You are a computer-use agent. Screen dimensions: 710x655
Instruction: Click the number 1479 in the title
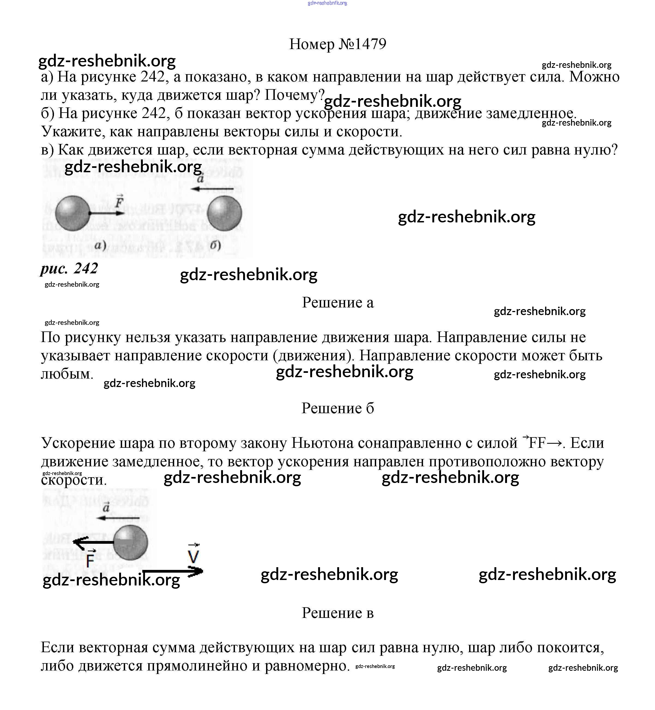tap(370, 44)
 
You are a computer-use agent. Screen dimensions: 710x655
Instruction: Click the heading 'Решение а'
tap(337, 302)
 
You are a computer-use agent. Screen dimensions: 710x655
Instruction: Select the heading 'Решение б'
tap(337, 408)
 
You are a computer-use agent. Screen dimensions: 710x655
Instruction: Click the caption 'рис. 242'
tap(69, 268)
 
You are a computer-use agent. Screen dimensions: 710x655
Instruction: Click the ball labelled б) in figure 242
tap(224, 213)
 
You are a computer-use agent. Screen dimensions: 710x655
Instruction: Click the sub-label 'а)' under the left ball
tap(100, 245)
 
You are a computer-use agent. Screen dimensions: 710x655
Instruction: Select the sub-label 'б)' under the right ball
tap(215, 245)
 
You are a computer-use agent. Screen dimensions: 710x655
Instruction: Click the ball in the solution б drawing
tap(131, 543)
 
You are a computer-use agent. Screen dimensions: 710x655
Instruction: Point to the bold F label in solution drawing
tap(91, 559)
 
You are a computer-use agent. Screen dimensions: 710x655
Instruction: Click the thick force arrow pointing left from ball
tap(93, 542)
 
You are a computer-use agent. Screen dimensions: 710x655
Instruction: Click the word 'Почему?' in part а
tap(295, 95)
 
